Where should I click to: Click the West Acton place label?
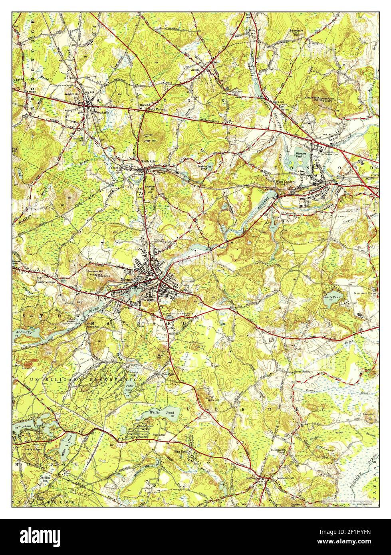(101, 112)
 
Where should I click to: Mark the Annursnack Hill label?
(311, 99)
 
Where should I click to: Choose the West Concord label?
(286, 182)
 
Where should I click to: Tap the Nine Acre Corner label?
(365, 293)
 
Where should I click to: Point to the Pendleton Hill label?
(285, 478)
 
